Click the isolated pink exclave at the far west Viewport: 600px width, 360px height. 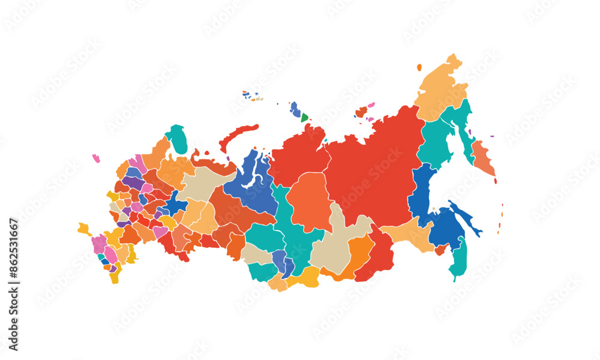point(96,158)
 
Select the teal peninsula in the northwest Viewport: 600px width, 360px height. point(177,139)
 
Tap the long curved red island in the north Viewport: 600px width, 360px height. point(236,136)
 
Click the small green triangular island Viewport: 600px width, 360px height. point(304,118)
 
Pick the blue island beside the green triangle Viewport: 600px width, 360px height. point(295,110)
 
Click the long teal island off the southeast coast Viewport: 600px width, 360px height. point(459,258)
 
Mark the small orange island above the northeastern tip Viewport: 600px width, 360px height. point(419,68)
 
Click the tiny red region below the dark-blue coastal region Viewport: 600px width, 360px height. point(441,250)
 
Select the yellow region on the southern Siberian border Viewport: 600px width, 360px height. point(304,277)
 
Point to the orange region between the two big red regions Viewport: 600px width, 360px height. point(309,201)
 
